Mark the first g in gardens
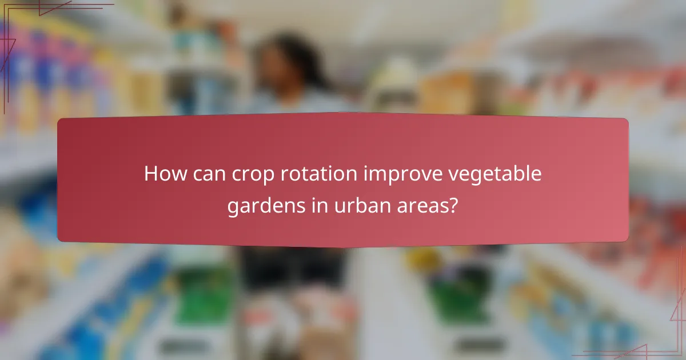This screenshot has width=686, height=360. (x=233, y=208)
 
